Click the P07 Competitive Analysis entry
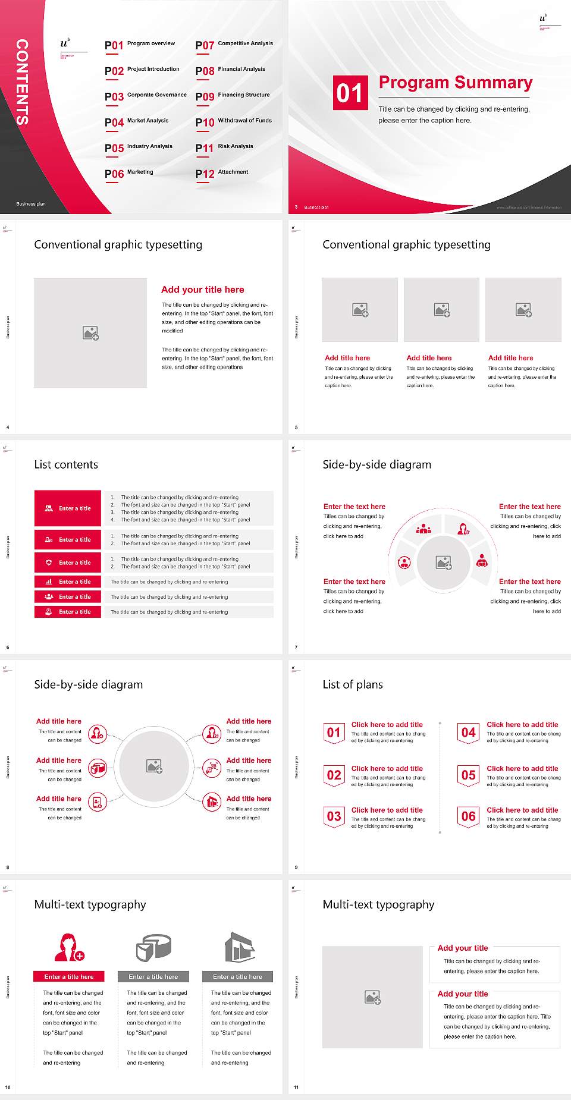point(234,45)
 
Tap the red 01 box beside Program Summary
point(350,93)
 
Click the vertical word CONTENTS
point(22,82)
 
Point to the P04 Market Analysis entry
point(137,122)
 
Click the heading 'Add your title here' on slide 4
point(202,290)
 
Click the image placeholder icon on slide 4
point(90,333)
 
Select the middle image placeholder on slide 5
point(441,310)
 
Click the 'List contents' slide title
point(66,464)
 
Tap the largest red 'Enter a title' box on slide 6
point(68,508)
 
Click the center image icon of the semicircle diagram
point(444,562)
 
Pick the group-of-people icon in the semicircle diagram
point(423,528)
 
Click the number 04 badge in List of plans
point(469,733)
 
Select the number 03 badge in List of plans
point(334,816)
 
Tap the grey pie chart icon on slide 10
point(153,947)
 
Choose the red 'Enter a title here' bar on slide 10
point(69,976)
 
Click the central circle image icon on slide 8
point(155,766)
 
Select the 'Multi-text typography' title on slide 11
point(378,904)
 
